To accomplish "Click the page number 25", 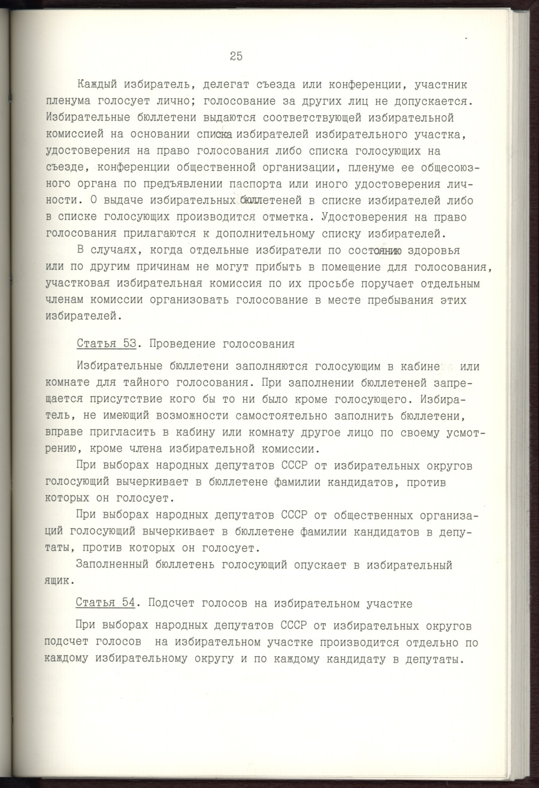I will [x=235, y=56].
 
